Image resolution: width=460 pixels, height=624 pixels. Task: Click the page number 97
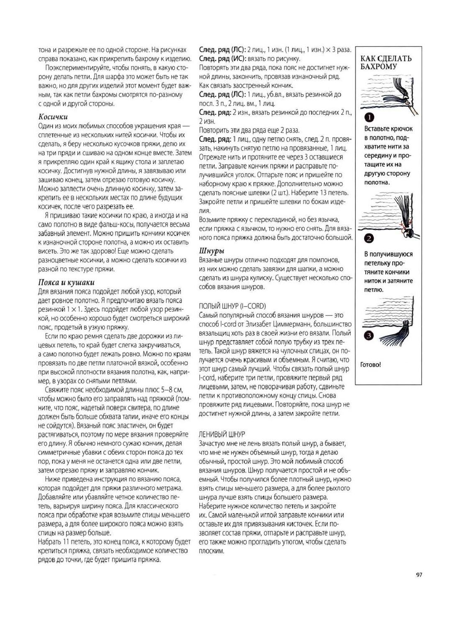pos(419,575)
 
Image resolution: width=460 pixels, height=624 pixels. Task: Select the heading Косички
pos(53,117)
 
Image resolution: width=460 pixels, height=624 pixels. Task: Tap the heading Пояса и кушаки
pos(66,282)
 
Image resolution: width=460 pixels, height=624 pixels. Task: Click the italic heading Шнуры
pos(212,251)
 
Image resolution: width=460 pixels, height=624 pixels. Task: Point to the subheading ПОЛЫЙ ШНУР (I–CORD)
pos(233,306)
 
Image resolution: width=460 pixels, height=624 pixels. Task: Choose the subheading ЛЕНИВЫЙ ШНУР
pos(222,434)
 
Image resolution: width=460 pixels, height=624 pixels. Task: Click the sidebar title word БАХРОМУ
pos(378,67)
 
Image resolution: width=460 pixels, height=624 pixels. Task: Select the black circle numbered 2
pos(369,239)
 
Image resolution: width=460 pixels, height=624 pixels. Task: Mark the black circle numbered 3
pos(369,336)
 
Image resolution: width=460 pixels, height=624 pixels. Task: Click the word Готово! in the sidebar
pos(371,365)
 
